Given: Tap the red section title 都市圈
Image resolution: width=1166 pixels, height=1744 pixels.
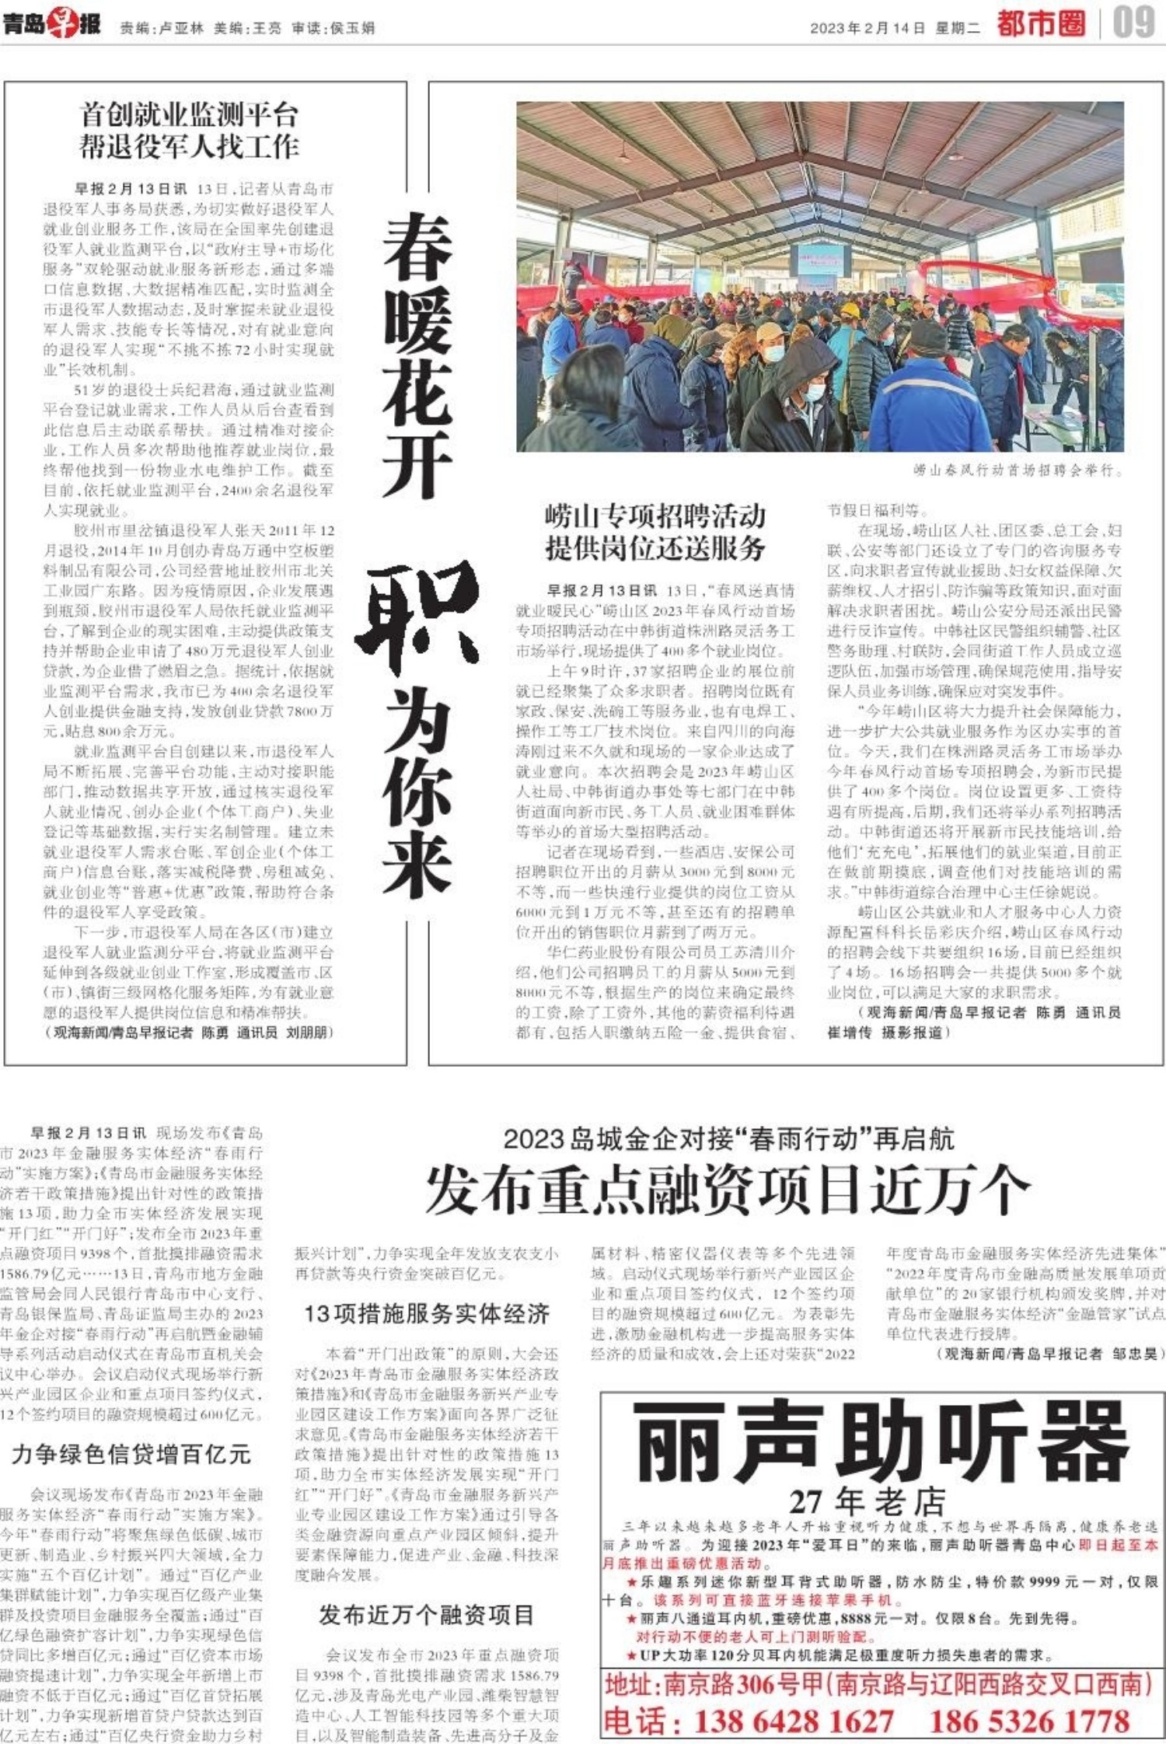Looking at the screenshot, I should [1041, 23].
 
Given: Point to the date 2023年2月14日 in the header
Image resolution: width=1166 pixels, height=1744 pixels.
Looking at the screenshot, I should [868, 28].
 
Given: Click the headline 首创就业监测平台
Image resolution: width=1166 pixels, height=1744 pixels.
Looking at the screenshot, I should [189, 115].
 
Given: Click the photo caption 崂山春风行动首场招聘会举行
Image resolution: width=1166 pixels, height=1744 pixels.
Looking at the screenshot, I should [1018, 470].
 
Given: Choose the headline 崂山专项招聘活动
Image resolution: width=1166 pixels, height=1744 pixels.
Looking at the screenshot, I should [655, 516].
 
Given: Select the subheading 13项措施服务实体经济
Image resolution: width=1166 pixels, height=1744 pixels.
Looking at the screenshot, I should [427, 1313].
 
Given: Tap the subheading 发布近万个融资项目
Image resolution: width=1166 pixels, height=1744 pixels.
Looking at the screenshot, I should [427, 1615].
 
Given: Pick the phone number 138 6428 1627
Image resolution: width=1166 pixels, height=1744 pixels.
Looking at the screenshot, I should [794, 1721].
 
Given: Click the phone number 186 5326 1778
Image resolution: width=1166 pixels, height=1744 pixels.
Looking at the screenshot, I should [1029, 1721].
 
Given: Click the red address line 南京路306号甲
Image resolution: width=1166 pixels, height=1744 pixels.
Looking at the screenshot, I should [878, 1685].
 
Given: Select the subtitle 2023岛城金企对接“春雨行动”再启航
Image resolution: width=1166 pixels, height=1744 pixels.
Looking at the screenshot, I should [728, 1139].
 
